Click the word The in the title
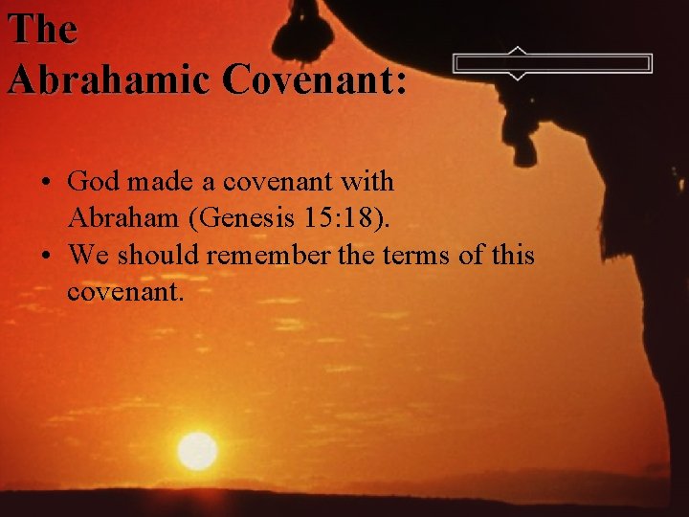click(41, 29)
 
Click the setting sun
click(197, 450)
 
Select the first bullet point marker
click(46, 182)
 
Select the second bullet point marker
click(46, 257)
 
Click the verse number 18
click(363, 218)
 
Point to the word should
click(159, 256)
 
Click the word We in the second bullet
click(90, 256)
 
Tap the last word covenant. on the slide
click(124, 293)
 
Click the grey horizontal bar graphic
click(552, 64)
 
